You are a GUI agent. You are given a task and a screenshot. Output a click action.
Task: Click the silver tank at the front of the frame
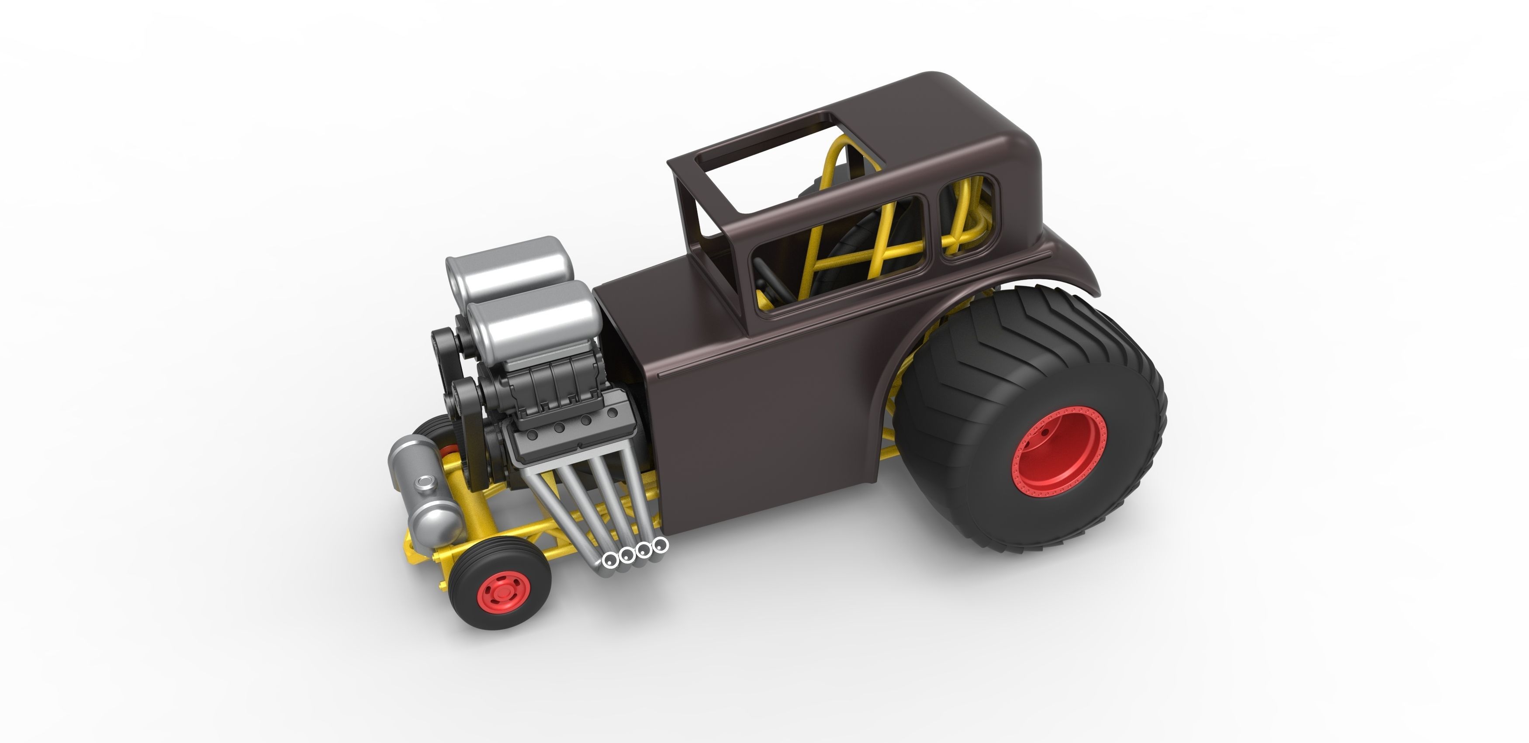[422, 487]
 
